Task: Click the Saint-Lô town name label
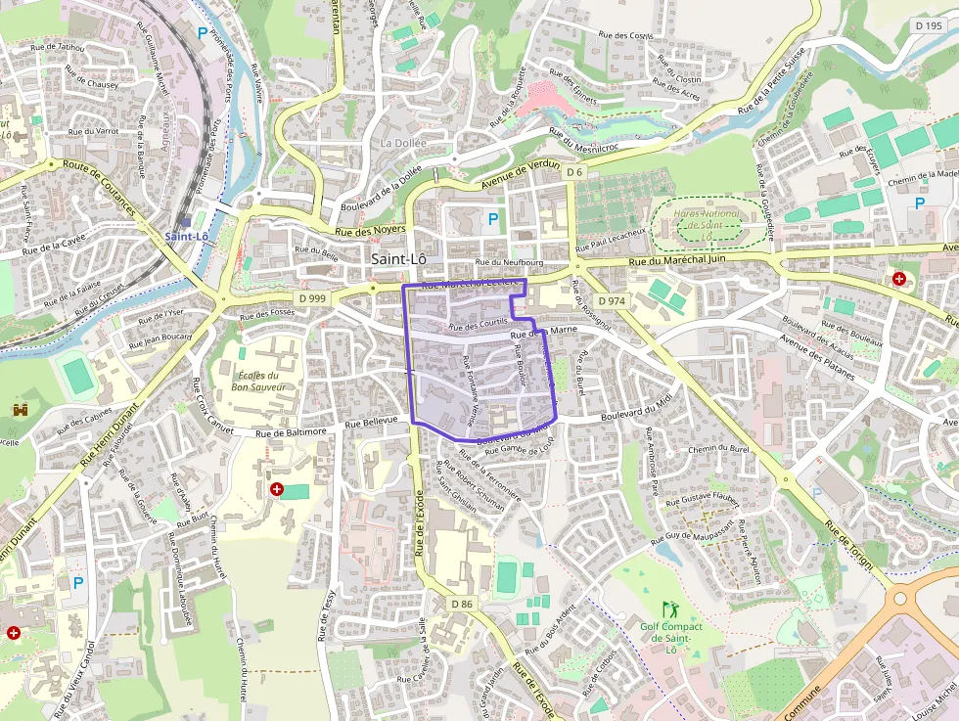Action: point(399,259)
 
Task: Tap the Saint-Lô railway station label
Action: point(187,237)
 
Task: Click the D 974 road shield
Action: point(610,300)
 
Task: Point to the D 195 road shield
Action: point(929,25)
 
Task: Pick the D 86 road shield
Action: point(461,604)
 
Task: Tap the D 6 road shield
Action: point(574,172)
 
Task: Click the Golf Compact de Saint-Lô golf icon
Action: point(670,608)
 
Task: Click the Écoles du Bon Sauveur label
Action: point(258,382)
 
